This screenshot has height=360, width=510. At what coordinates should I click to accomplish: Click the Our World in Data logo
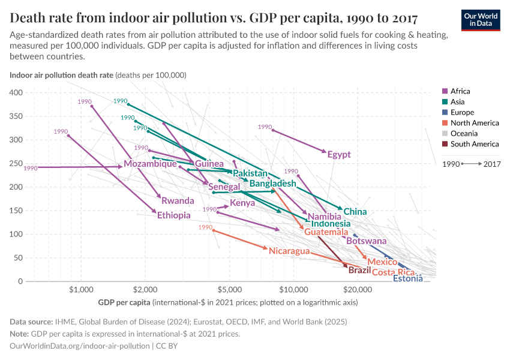[x=481, y=19]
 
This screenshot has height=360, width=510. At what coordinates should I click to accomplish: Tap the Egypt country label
[x=339, y=155]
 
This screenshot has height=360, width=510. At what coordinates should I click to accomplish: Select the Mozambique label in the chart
[x=150, y=164]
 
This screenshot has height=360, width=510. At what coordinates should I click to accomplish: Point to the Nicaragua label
[x=289, y=251]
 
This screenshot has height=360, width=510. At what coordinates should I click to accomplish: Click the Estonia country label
[x=407, y=278]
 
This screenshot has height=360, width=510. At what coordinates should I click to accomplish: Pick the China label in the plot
[x=355, y=212]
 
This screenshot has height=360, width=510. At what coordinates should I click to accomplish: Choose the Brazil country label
[x=359, y=271]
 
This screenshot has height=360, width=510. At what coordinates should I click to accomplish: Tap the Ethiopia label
[x=174, y=215]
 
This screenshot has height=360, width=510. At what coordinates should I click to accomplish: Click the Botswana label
[x=367, y=241]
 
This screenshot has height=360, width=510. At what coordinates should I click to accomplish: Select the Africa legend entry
[x=460, y=91]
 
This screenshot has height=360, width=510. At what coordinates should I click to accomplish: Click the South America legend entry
[x=474, y=144]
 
